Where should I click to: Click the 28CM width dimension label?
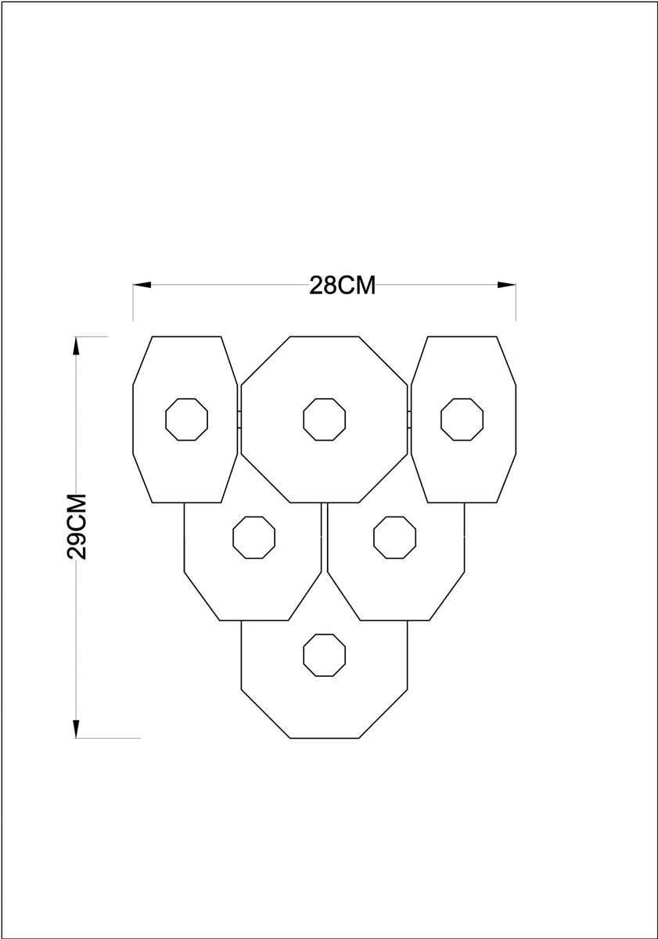[343, 286]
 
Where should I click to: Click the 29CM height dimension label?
[77, 527]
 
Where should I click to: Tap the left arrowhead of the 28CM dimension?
[142, 285]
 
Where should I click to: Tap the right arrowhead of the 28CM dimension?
[507, 285]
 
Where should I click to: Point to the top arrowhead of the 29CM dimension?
[76, 346]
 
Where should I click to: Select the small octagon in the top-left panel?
[186, 419]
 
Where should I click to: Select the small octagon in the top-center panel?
[325, 419]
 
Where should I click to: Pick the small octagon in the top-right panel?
[462, 419]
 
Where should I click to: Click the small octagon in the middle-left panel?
[254, 538]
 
